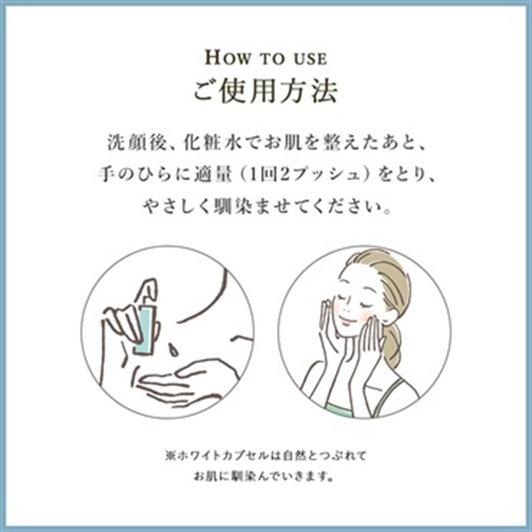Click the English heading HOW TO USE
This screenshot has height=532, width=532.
[266, 58]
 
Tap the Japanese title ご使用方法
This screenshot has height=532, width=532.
[266, 91]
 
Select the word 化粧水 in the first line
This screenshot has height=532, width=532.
[213, 143]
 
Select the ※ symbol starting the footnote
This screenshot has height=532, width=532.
[170, 456]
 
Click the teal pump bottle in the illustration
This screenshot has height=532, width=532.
[145, 329]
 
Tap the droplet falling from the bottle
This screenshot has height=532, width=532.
[174, 350]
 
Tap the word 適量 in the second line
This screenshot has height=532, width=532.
[214, 175]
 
